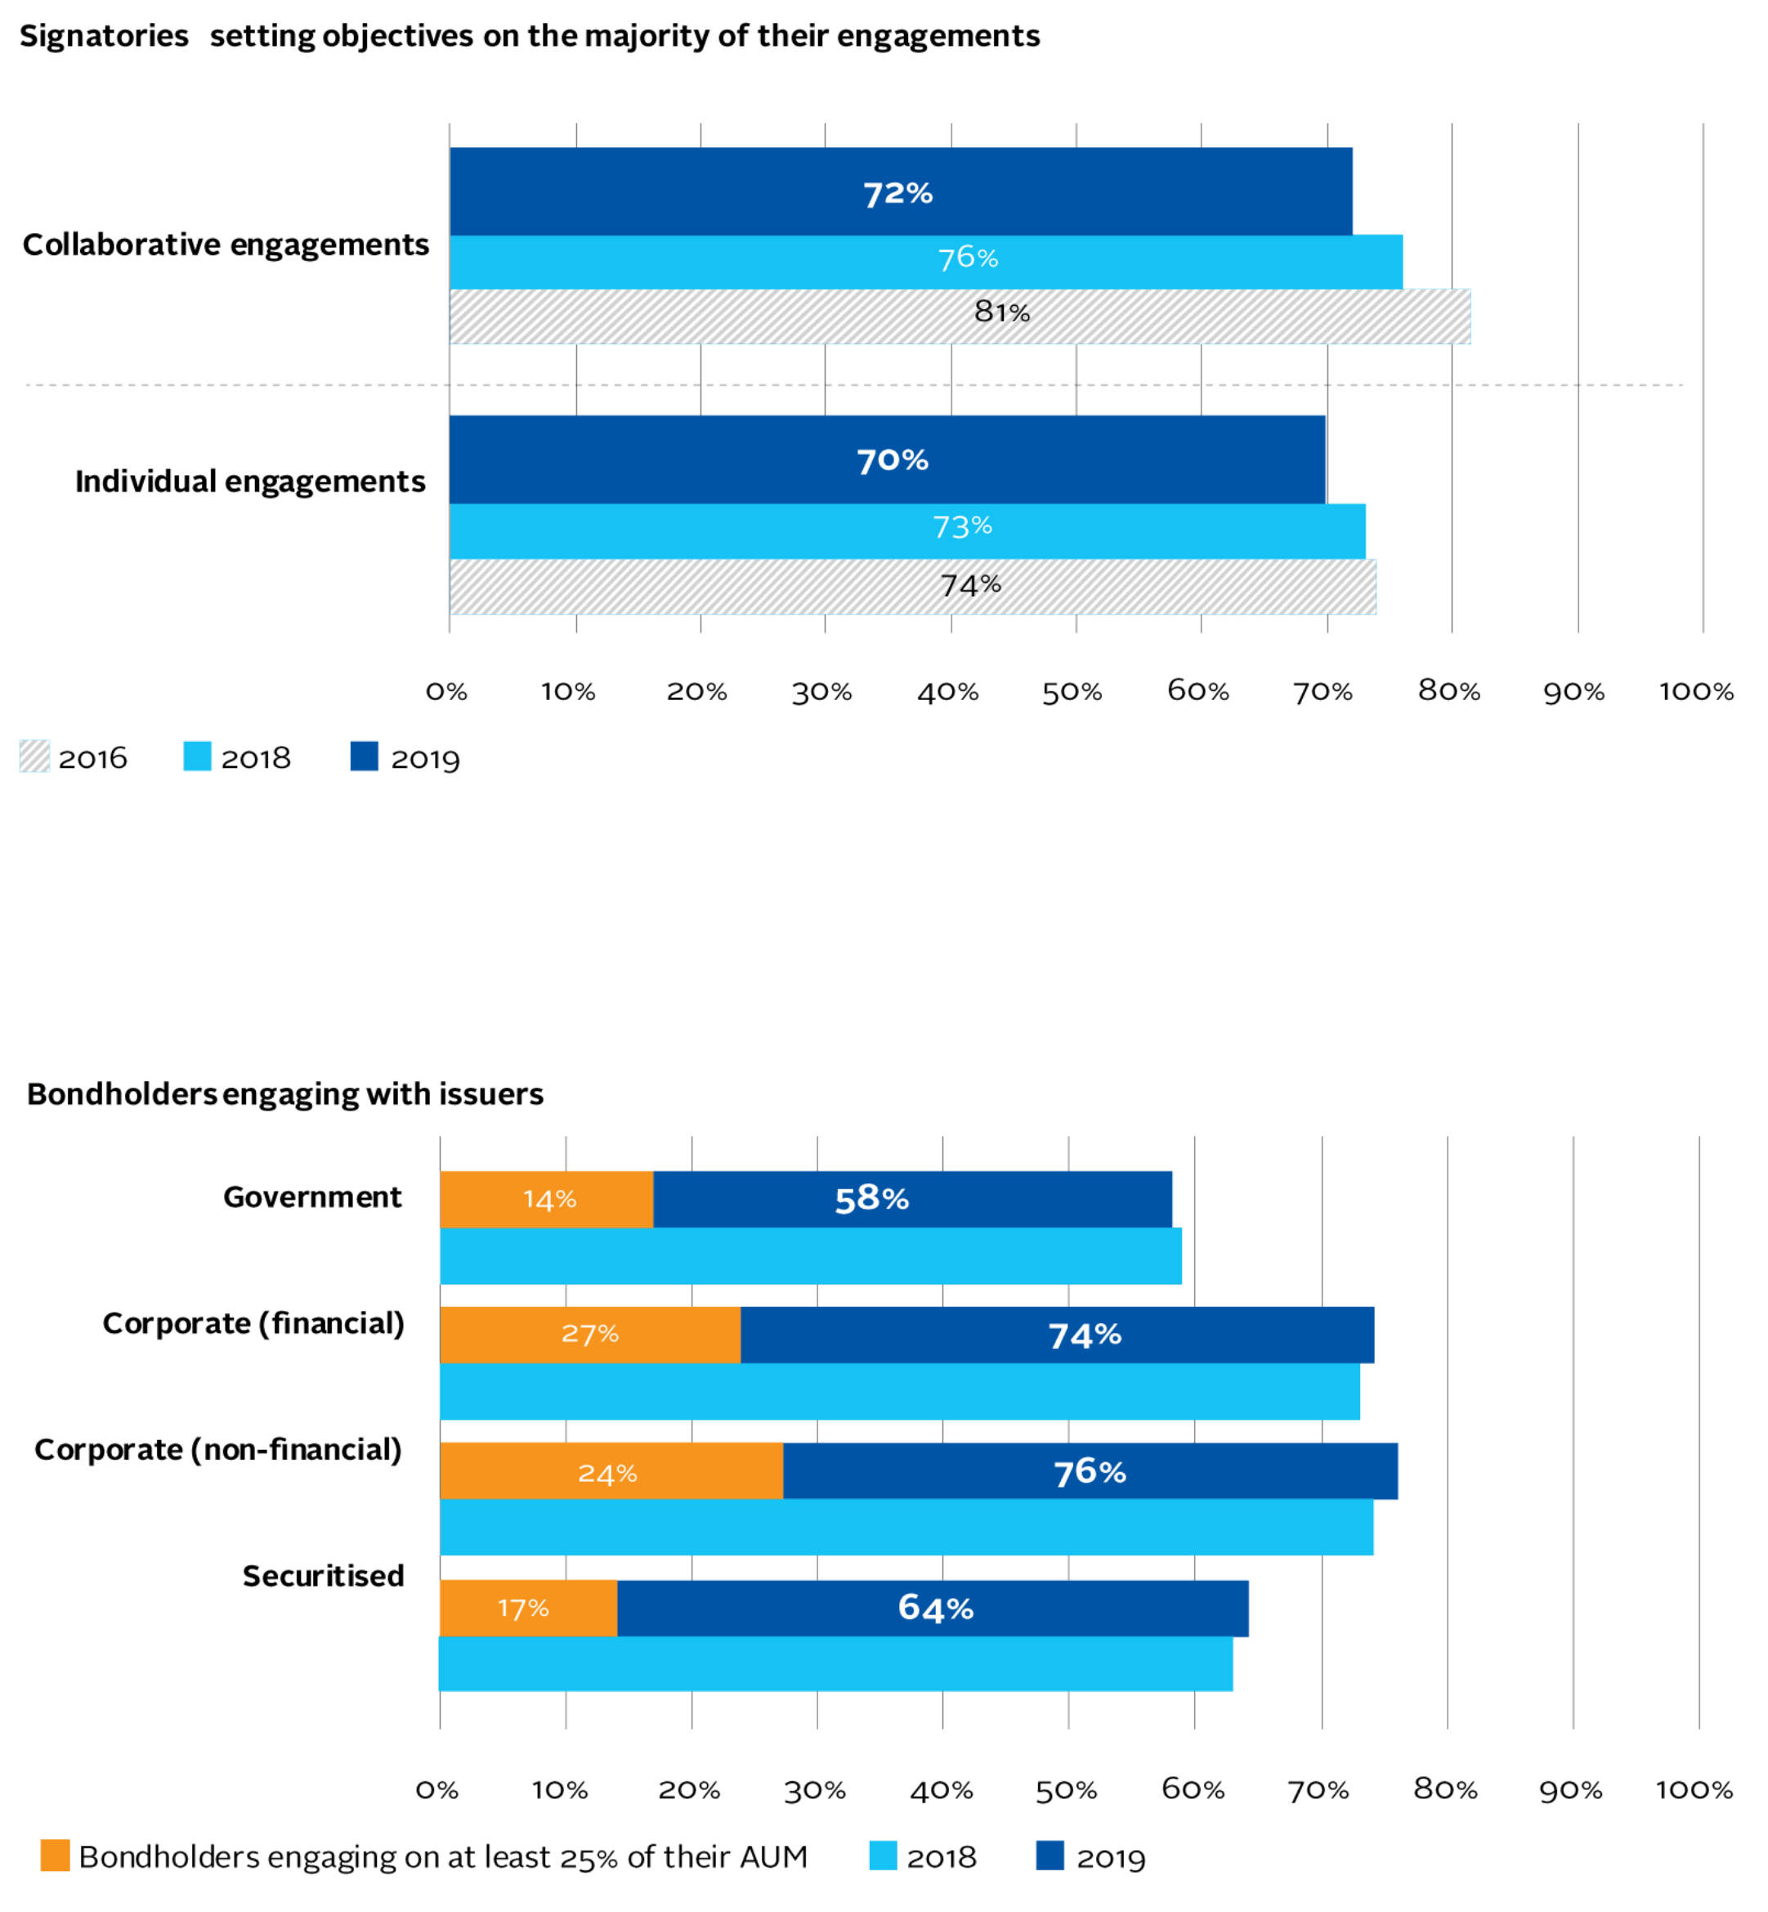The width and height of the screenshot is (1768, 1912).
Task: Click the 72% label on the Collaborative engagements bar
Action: click(897, 193)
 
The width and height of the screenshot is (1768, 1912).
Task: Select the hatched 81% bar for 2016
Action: click(960, 316)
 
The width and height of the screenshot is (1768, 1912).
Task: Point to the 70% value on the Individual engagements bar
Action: click(893, 460)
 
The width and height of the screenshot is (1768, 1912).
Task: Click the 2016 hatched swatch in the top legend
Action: click(34, 757)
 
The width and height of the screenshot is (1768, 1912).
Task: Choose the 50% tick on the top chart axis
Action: click(1072, 692)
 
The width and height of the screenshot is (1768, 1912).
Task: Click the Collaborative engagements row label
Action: click(226, 245)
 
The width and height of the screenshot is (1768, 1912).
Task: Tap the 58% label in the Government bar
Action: click(871, 1199)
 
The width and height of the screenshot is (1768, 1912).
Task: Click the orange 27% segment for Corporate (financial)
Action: click(589, 1334)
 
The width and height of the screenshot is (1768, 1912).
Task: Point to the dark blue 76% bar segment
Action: click(1090, 1472)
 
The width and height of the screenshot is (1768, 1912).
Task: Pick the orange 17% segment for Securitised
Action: click(527, 1608)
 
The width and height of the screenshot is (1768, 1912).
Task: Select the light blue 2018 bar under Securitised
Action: click(835, 1664)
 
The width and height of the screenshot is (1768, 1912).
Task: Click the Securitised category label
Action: click(324, 1575)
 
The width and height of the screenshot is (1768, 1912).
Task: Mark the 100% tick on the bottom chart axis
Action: click(1694, 1789)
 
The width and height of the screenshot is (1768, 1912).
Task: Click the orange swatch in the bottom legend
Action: click(56, 1856)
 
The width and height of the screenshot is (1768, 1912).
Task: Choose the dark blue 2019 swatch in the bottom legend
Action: click(1050, 1856)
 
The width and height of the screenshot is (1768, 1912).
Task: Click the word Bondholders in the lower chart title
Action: click(123, 1094)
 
